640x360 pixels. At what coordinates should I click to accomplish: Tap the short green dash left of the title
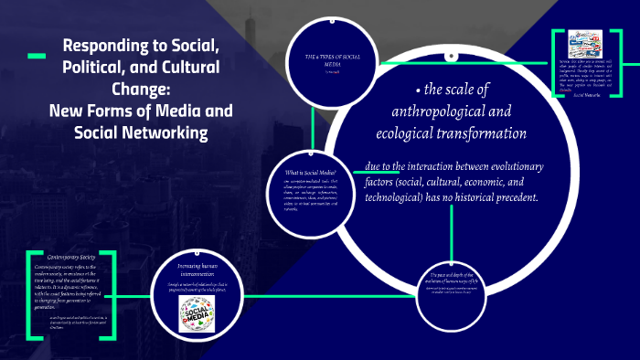coord(37,57)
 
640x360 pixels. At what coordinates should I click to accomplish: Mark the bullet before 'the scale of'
coord(416,91)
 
